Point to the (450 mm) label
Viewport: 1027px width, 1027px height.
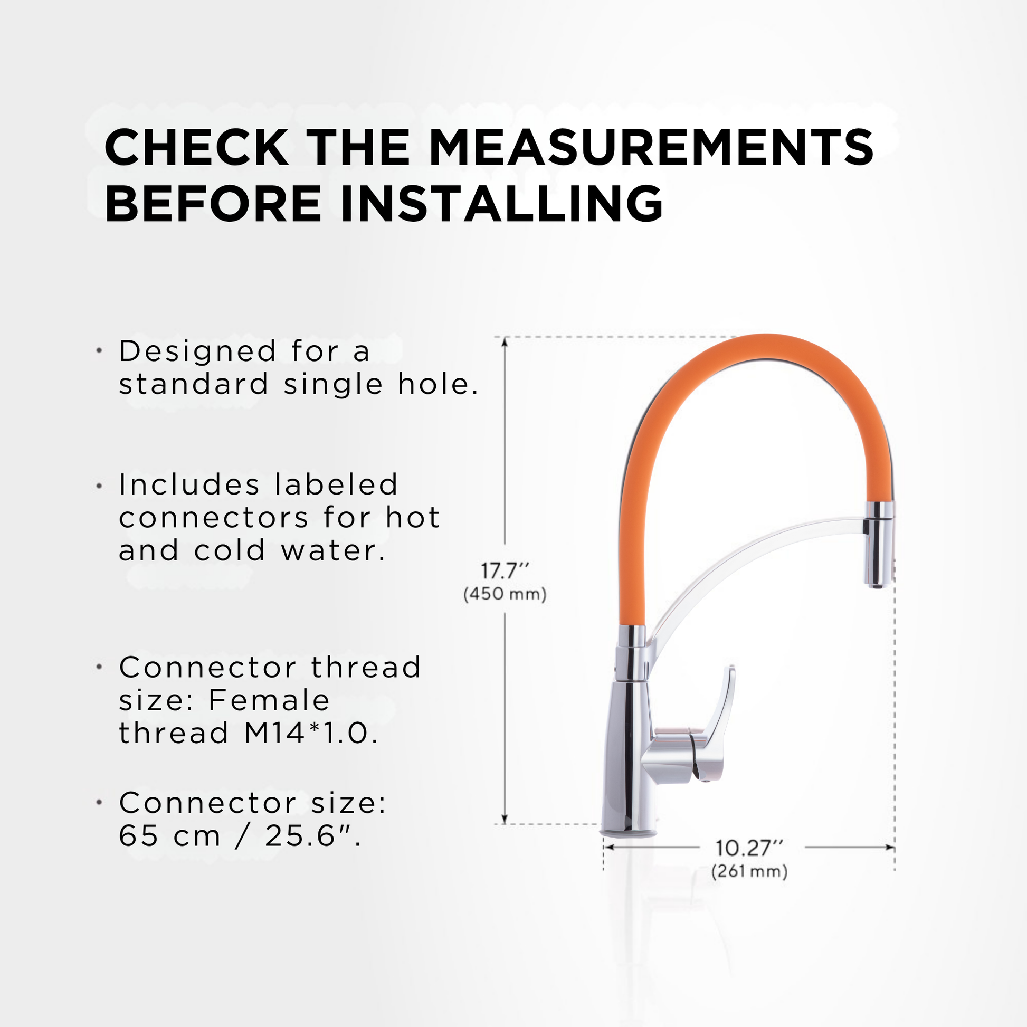[x=505, y=594]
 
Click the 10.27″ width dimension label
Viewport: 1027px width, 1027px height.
[x=749, y=849]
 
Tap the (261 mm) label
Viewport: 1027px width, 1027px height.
[x=749, y=872]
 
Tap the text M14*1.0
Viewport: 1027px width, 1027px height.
[x=311, y=733]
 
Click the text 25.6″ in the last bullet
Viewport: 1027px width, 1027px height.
[x=312, y=836]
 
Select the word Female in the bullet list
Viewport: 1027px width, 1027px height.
[x=270, y=700]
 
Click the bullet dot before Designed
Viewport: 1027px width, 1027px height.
[x=99, y=351]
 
